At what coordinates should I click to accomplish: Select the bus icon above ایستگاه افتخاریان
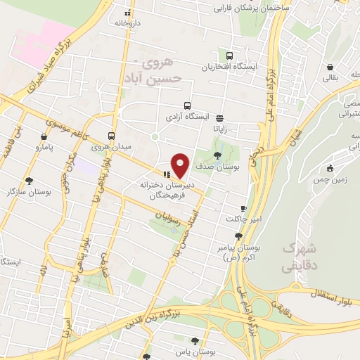pyautogui.click(x=229, y=56)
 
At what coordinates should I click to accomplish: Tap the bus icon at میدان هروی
pyautogui.click(x=111, y=136)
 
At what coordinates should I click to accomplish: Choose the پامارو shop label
pyautogui.click(x=46, y=148)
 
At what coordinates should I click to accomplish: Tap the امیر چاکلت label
pyautogui.click(x=243, y=219)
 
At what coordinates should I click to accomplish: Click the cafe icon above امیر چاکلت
pyautogui.click(x=243, y=209)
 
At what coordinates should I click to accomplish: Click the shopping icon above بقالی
pyautogui.click(x=330, y=67)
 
